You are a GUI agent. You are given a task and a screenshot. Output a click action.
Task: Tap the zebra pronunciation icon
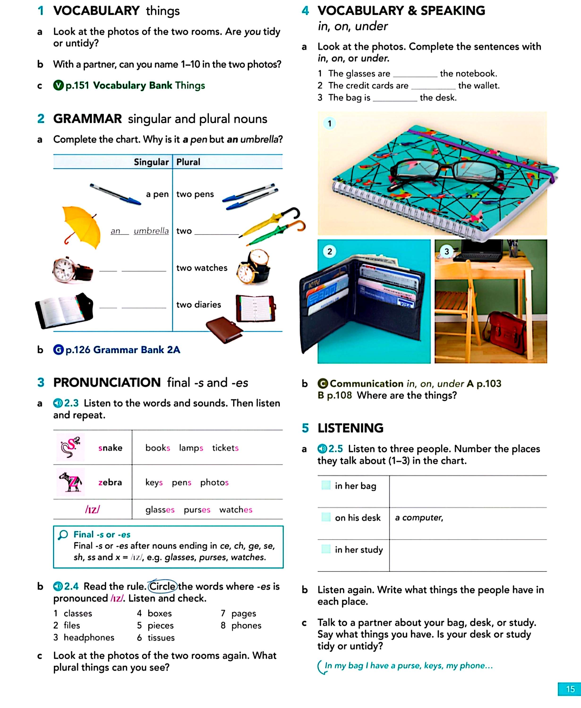point(70,482)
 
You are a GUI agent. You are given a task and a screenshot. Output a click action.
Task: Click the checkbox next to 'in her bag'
point(326,485)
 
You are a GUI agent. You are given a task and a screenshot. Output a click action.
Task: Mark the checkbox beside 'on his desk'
point(326,517)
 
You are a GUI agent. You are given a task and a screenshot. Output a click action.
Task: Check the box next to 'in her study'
point(326,549)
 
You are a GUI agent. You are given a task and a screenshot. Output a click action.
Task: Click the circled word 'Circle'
point(162,586)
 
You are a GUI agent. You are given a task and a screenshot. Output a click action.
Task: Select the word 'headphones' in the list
point(89,637)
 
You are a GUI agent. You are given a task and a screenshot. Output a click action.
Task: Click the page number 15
point(570,689)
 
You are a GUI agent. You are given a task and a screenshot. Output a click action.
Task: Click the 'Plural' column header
point(188,162)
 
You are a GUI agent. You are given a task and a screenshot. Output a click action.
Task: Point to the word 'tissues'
point(161,637)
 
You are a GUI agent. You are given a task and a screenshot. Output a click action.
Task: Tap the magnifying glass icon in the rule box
point(63,535)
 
